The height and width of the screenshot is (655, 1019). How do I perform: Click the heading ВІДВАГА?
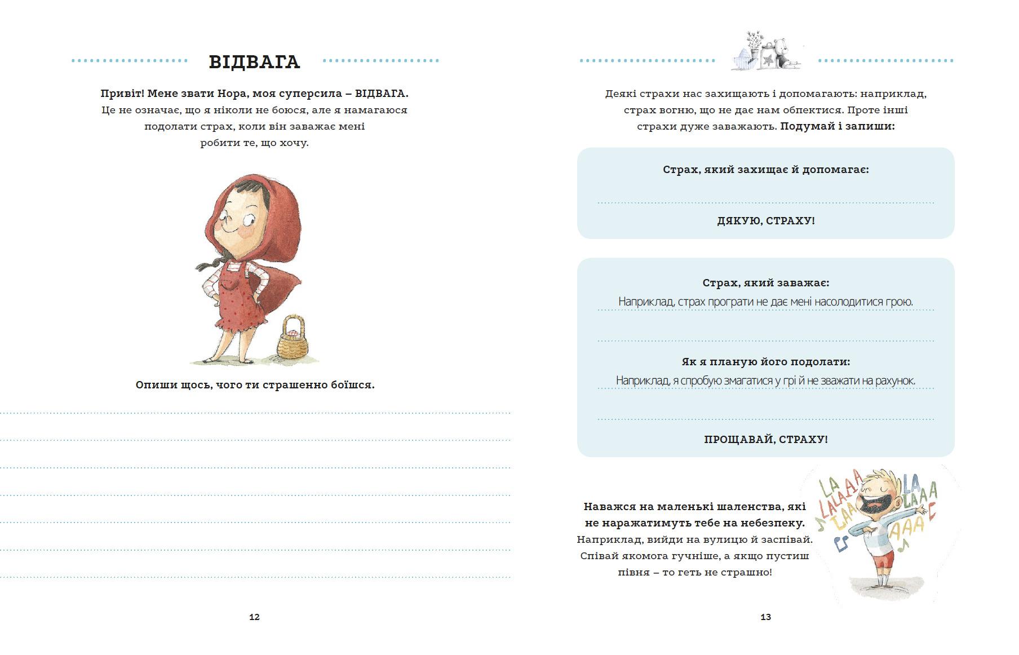point(254,61)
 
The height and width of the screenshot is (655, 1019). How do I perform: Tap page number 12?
point(254,617)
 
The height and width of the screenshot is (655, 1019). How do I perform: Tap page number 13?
point(765,617)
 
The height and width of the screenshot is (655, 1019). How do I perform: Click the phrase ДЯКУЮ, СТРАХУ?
point(765,220)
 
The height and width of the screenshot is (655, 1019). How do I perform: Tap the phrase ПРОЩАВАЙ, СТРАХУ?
point(765,439)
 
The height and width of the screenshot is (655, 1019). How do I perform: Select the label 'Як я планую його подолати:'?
point(765,362)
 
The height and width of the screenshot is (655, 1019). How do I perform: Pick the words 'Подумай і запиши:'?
point(838,126)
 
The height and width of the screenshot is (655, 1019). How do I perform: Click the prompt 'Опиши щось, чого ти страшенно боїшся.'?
point(255,385)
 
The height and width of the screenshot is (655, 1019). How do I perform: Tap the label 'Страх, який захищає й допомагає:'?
point(765,170)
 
